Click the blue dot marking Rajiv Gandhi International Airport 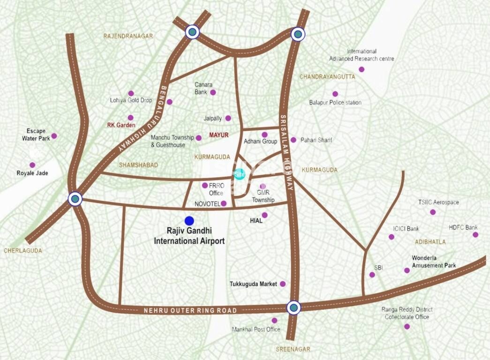[189, 220]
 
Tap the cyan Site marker [239, 173]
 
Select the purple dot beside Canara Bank [213, 92]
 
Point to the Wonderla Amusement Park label [434, 262]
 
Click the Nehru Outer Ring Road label [190, 310]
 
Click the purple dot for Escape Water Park [54, 136]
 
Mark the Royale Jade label [32, 173]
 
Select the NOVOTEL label [206, 204]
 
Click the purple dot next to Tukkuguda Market [282, 284]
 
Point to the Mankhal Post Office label [256, 329]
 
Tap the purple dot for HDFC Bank [475, 234]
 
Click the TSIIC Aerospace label [438, 202]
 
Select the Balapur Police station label [335, 102]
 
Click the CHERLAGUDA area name [23, 251]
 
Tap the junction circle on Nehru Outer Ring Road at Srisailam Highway [294, 307]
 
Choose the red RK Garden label [121, 125]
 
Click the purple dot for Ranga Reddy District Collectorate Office [407, 326]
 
